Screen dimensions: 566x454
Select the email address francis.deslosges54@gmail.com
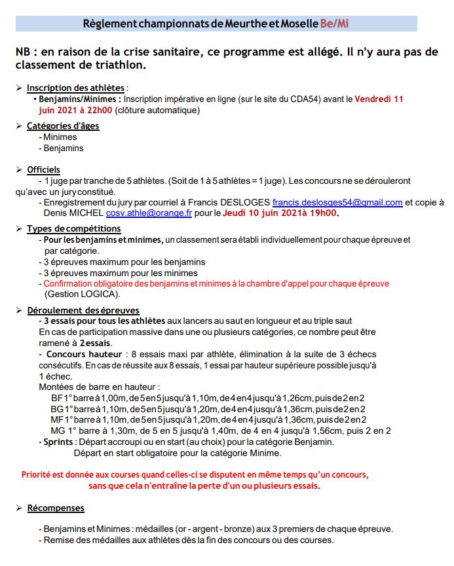(337, 203)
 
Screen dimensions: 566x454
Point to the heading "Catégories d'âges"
(63, 126)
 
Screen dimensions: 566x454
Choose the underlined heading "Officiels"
(43, 169)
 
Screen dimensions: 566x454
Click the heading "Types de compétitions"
(73, 228)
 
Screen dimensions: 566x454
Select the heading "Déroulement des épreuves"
(83, 310)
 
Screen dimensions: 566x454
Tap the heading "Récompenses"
(56, 508)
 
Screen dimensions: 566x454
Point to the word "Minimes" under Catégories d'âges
(60, 137)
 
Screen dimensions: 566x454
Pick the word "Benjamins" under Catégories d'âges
(64, 148)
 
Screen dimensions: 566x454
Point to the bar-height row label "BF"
(57, 398)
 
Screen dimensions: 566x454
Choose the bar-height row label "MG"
(58, 431)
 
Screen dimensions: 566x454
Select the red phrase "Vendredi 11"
(379, 99)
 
